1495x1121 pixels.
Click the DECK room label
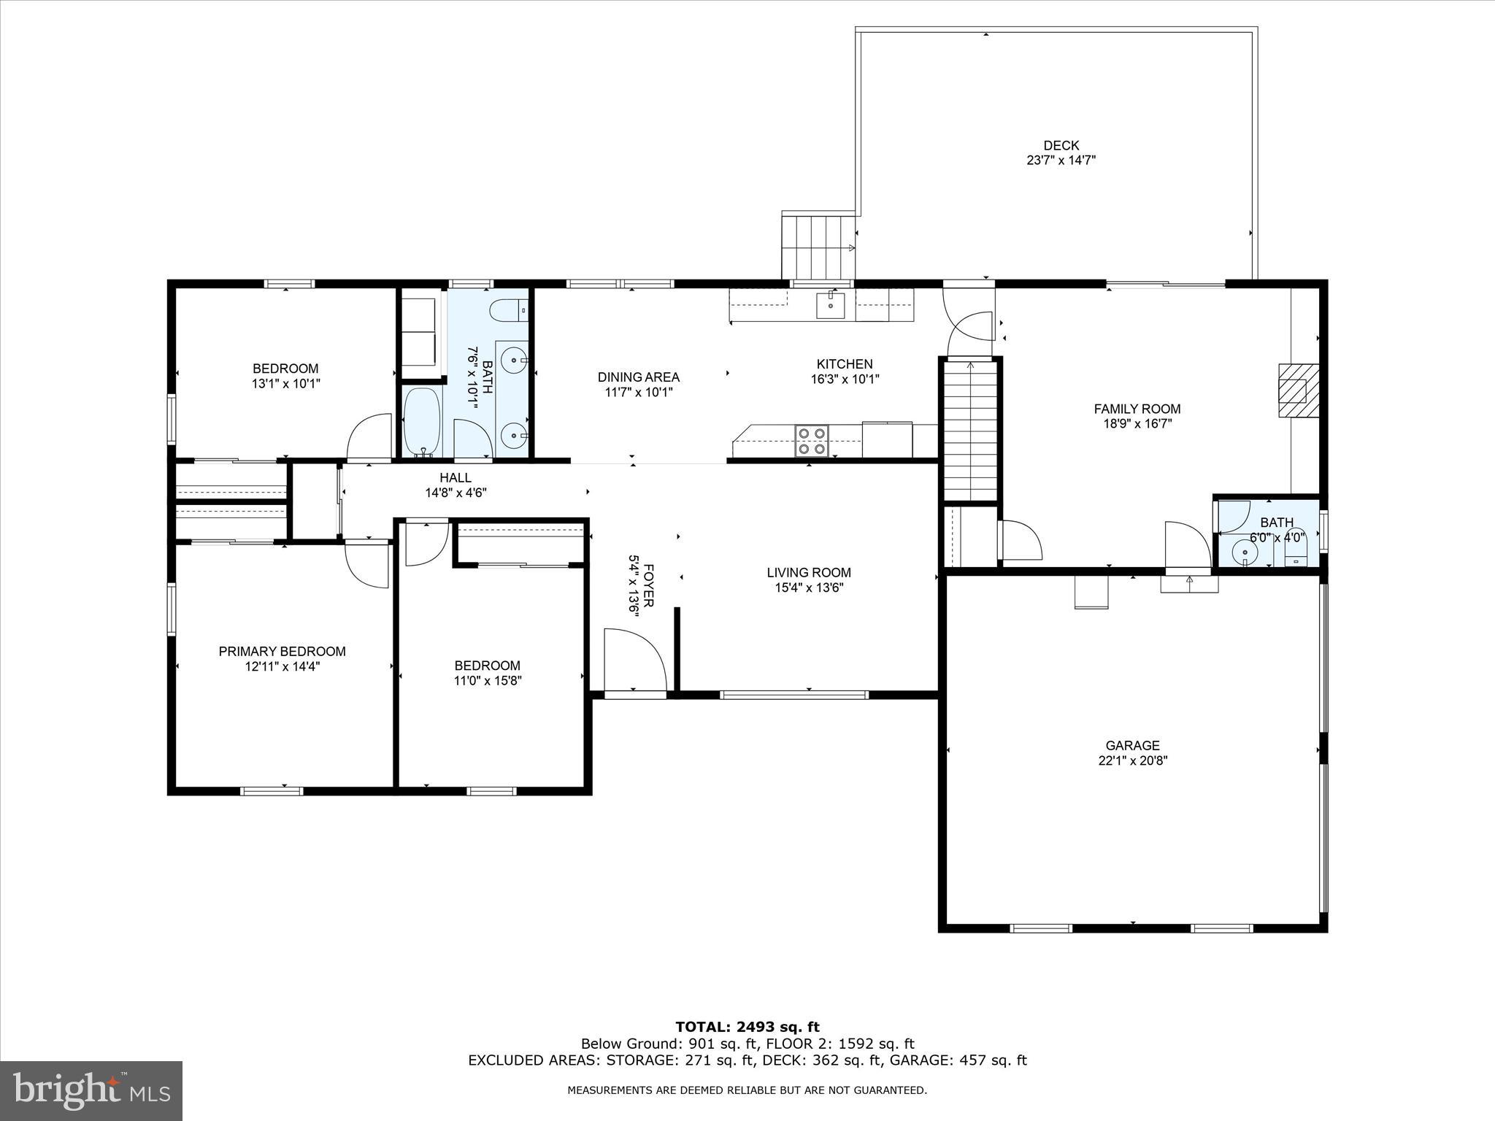pyautogui.click(x=1061, y=145)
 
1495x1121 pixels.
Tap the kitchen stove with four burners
pyautogui.click(x=811, y=440)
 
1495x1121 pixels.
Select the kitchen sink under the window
pyautogui.click(x=830, y=305)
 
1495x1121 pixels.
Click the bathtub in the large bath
pyautogui.click(x=422, y=422)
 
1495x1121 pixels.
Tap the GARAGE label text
pyautogui.click(x=1132, y=745)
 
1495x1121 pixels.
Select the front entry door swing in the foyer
pyautogui.click(x=635, y=660)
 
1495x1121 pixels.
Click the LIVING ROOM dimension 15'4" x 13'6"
pyautogui.click(x=809, y=588)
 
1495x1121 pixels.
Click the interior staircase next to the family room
pyautogui.click(x=970, y=429)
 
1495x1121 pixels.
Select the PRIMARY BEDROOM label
pyautogui.click(x=282, y=651)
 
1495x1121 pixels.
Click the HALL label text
pyautogui.click(x=456, y=477)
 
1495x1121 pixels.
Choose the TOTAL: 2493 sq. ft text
pyautogui.click(x=747, y=1028)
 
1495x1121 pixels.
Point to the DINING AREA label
pyautogui.click(x=639, y=377)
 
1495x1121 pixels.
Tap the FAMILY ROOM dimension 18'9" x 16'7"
pyautogui.click(x=1137, y=423)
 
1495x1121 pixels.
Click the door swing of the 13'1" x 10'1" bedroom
pyautogui.click(x=369, y=438)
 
